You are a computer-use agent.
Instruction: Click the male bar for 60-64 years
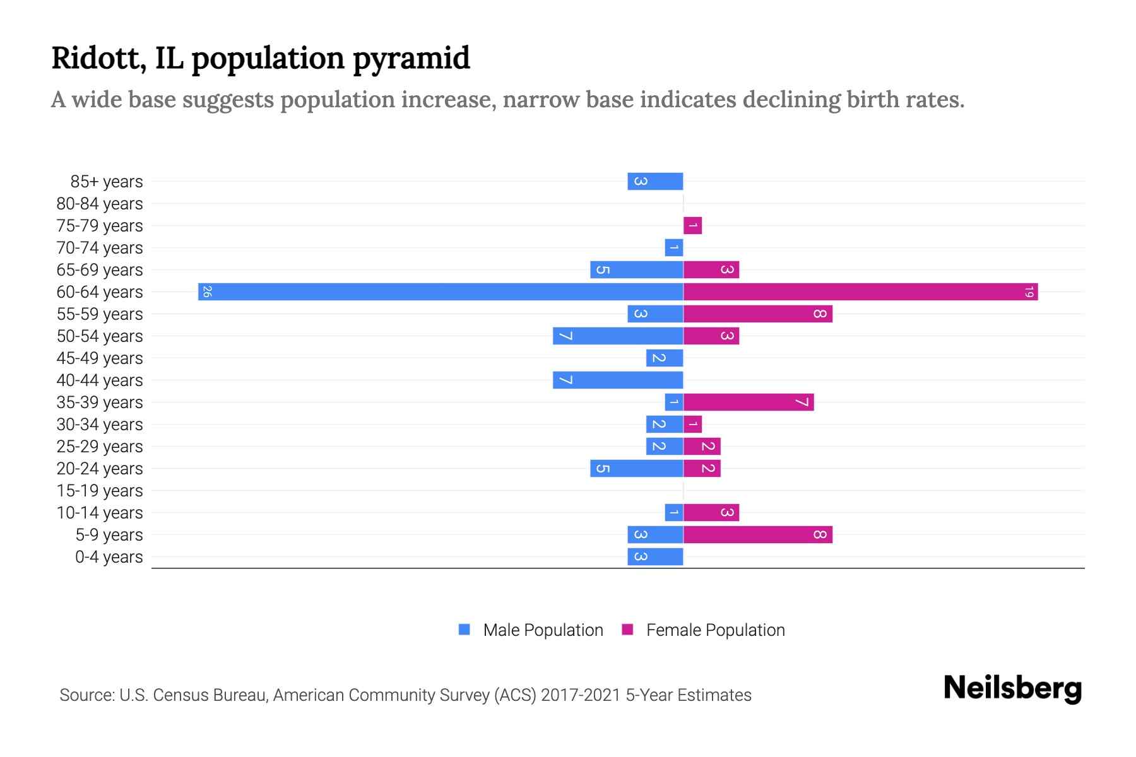(441, 291)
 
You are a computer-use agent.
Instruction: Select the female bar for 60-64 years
(860, 291)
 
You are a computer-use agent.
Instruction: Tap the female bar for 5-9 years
(757, 534)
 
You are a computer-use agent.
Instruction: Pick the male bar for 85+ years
(655, 181)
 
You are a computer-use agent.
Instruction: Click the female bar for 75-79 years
(692, 225)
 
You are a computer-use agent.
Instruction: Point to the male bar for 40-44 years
(618, 380)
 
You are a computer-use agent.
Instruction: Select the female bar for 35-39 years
(748, 402)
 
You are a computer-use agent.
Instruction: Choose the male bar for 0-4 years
(655, 556)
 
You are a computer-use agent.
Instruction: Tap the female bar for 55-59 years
(757, 314)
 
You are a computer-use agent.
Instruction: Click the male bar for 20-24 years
(636, 468)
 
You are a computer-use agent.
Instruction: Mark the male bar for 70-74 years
(673, 247)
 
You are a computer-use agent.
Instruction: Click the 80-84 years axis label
(100, 204)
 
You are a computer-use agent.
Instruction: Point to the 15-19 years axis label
(100, 491)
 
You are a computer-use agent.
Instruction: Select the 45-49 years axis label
(100, 358)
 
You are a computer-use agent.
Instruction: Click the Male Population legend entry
(543, 630)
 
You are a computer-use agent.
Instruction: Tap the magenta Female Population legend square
(627, 630)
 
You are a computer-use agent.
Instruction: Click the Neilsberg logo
(1012, 688)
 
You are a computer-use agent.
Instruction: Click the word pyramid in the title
(411, 59)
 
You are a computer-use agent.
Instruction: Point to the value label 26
(207, 291)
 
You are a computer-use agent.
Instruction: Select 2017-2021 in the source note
(580, 695)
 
